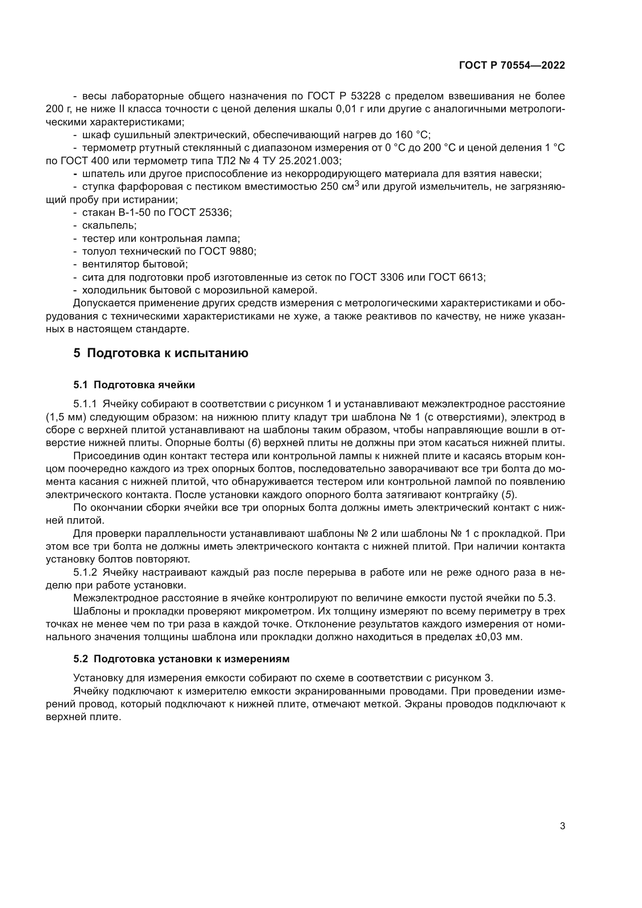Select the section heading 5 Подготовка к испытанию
coord(161,353)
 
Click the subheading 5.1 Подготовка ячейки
coord(134,385)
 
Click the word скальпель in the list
coord(109,226)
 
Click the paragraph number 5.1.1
coord(85,404)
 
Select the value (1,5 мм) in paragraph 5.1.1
coord(66,417)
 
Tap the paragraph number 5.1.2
coord(85,573)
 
